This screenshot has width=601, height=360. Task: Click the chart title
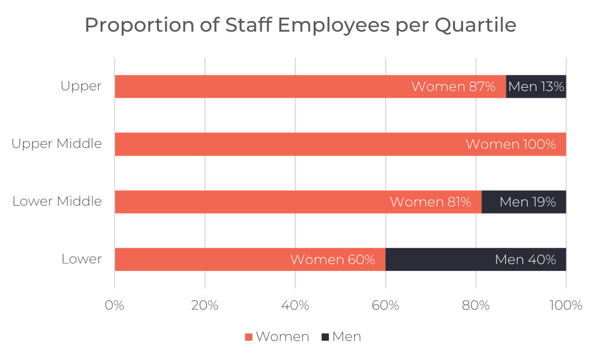300,25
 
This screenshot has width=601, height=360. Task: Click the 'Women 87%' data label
453,87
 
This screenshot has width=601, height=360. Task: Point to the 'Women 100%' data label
510,145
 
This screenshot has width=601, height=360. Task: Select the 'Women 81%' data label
430,202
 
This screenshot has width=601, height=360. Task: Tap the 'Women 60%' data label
332,260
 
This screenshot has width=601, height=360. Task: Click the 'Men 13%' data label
536,87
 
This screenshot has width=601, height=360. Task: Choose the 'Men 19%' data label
527,202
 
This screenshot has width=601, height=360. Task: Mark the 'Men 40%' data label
525,260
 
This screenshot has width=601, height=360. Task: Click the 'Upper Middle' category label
57,144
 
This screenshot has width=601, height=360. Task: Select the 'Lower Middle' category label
57,201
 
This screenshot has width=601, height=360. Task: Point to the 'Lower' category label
82,259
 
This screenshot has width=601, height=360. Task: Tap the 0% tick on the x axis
115,306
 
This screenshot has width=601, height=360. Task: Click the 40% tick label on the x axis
295,306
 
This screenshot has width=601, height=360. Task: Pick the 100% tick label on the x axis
566,306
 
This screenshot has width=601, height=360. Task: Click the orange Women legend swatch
249,337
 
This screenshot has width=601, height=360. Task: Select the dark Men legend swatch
325,337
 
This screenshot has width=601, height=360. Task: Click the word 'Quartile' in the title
475,25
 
